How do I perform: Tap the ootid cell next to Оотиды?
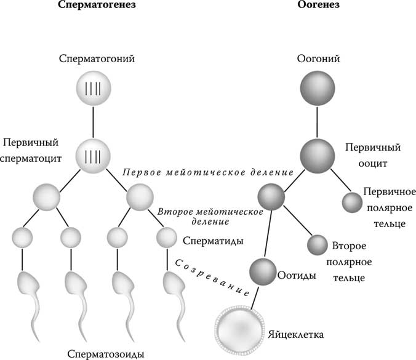263,271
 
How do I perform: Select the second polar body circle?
318,245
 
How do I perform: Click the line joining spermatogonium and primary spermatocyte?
93,121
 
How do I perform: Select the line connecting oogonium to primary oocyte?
317,122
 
